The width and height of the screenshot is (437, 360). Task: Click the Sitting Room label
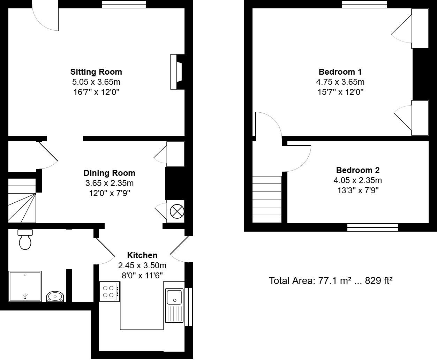point(96,72)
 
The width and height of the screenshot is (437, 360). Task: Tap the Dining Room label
point(109,173)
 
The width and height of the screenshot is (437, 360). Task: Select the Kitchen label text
point(142,255)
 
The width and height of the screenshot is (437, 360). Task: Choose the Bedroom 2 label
point(357,170)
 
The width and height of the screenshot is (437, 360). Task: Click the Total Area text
point(331,280)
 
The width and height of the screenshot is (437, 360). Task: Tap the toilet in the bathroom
point(25,239)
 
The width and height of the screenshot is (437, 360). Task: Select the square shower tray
point(25,286)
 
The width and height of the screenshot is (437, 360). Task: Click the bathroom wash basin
point(55,297)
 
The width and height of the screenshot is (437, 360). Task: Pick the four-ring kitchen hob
point(110,292)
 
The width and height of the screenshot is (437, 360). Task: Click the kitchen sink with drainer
point(174,305)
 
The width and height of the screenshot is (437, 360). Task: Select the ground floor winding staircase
point(22,201)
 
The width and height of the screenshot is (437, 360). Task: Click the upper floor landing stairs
point(267,199)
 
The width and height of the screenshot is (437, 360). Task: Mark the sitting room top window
point(124,4)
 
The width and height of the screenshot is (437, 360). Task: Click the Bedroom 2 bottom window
point(372,227)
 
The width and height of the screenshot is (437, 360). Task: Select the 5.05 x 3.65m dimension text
point(96,82)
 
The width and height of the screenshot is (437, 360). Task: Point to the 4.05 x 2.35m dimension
point(357,180)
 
